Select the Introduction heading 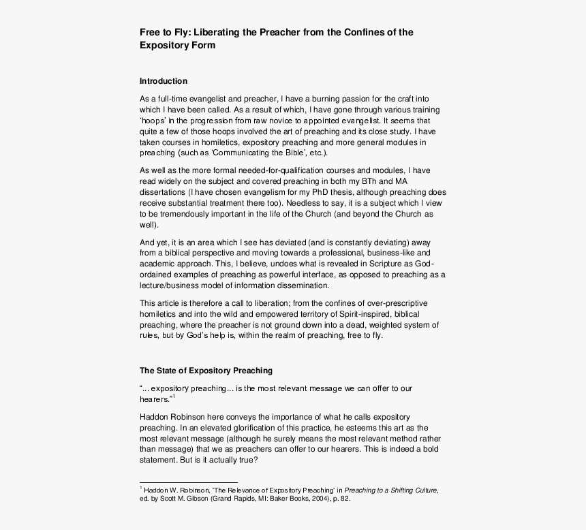click(164, 81)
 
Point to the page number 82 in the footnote click(345, 499)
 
